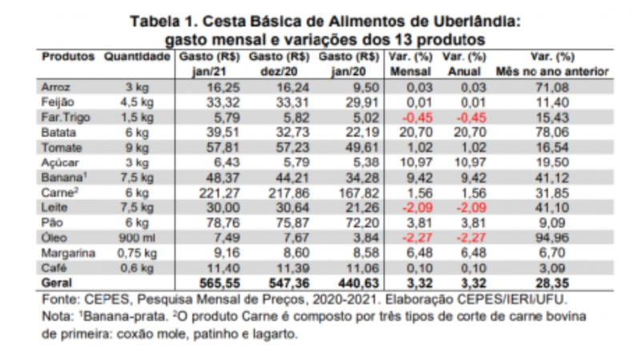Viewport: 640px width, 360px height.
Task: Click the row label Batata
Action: coord(58,133)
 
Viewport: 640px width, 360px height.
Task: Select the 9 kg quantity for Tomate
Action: coord(137,148)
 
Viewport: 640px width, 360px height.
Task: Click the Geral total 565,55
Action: coord(219,283)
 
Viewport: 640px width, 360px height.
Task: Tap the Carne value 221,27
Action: coord(219,193)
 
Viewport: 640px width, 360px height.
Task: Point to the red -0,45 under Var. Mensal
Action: coord(418,118)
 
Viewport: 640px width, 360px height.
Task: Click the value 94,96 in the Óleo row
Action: coord(552,238)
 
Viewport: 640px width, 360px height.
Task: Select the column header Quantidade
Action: coord(137,56)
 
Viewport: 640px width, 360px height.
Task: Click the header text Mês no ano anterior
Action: coord(552,72)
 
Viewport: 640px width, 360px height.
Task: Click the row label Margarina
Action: coord(68,253)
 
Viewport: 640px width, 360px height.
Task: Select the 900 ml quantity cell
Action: coord(137,238)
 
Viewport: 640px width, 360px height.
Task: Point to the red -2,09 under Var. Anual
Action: coord(471,207)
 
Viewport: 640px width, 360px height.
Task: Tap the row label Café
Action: coord(54,268)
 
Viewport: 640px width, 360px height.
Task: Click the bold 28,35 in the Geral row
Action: coord(552,283)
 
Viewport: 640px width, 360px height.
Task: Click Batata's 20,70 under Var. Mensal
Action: coord(416,133)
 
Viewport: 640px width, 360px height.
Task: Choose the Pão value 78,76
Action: coord(223,223)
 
